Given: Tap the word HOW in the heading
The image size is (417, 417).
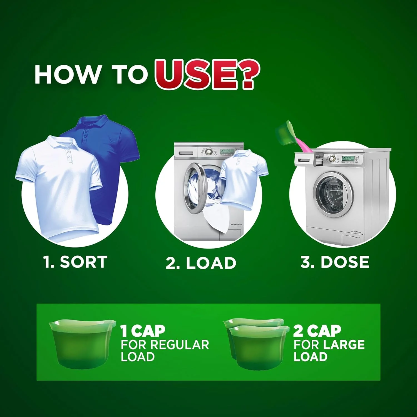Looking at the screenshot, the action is tap(67, 75).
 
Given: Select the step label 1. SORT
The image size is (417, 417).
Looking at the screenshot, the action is tap(75, 262).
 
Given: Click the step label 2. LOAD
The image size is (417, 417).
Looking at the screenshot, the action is tap(201, 263).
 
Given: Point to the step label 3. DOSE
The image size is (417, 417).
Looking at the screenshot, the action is tap(335, 262).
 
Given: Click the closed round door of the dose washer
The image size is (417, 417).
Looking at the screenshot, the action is tap(333, 195).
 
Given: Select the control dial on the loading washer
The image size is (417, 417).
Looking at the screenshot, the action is tap(208, 152).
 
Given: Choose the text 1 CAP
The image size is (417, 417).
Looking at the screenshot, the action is tap(143, 331).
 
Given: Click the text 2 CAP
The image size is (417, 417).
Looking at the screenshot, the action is tap(317, 331).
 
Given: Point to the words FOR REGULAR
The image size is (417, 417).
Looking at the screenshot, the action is tap(165, 345).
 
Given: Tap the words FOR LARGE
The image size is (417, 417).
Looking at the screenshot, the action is tap(329, 345).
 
